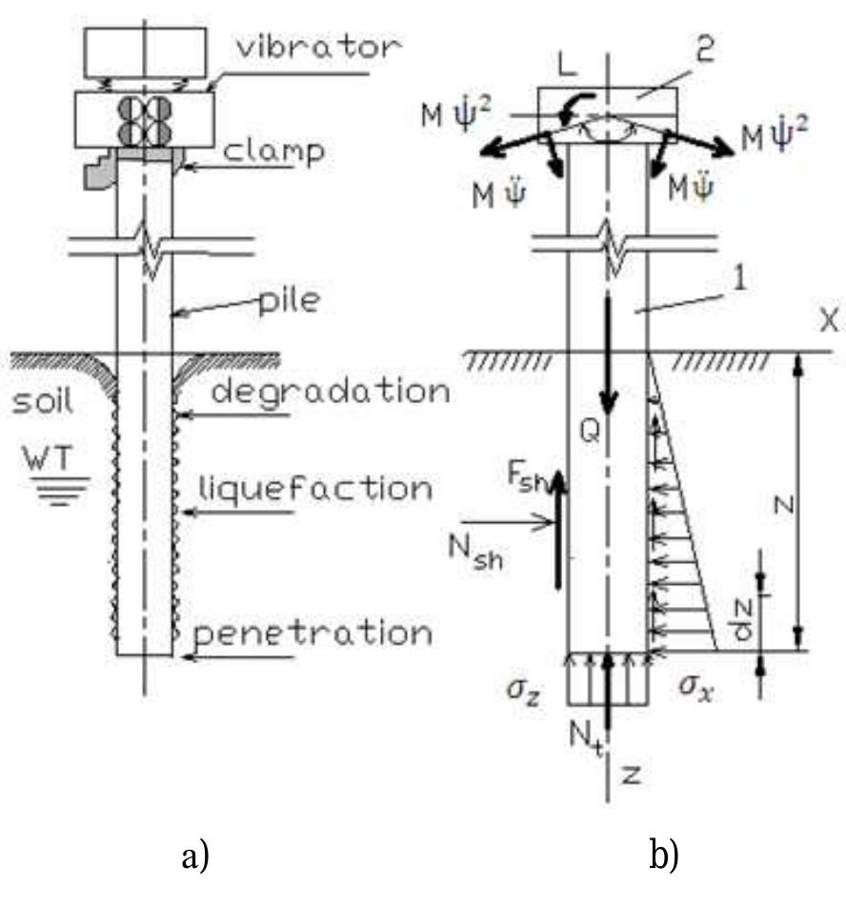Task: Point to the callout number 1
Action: pyautogui.click(x=684, y=282)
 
